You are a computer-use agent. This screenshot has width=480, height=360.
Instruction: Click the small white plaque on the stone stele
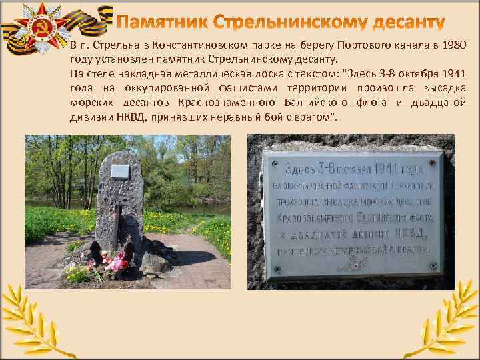pos(120,171)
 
